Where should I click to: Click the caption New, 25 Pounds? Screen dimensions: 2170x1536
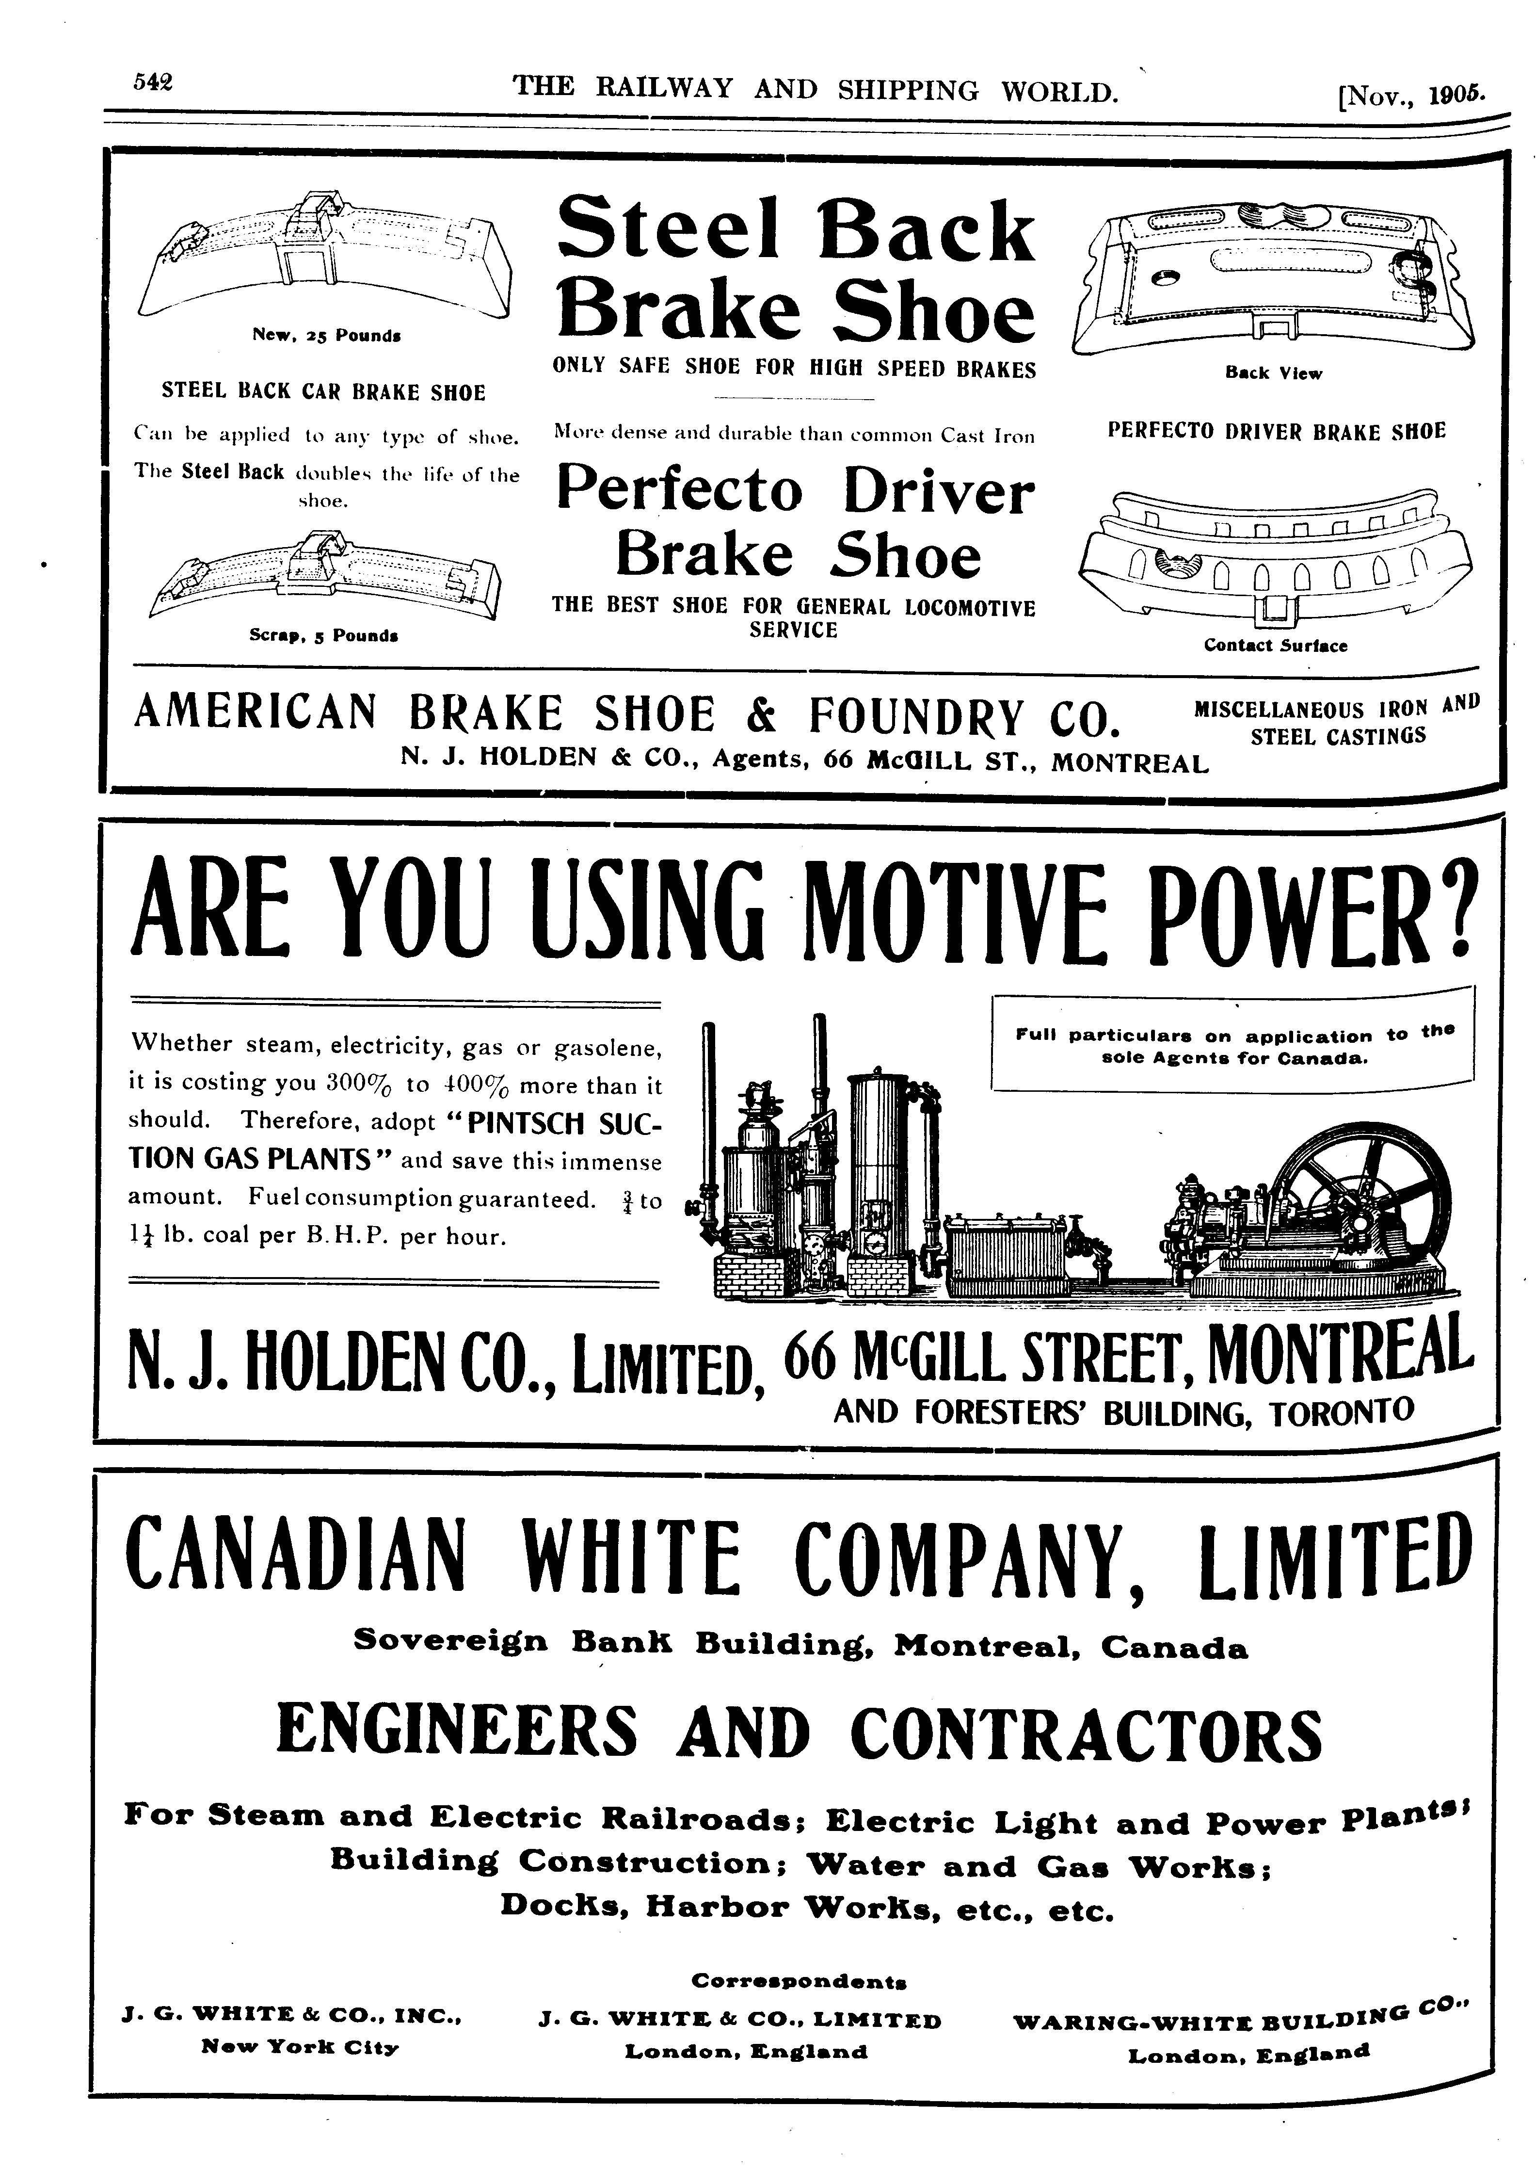tap(326, 335)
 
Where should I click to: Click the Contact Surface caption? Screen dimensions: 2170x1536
tap(1275, 645)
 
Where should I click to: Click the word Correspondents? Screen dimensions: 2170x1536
tap(799, 1980)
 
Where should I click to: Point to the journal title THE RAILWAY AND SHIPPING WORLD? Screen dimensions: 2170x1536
tap(816, 90)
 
